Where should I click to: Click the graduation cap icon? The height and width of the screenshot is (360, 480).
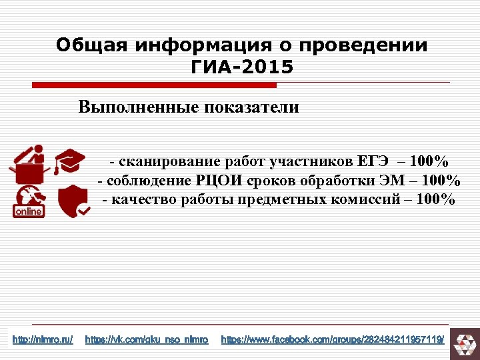click(x=69, y=161)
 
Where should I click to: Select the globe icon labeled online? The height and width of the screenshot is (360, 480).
click(x=28, y=197)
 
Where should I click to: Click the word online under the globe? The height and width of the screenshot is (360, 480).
click(x=28, y=211)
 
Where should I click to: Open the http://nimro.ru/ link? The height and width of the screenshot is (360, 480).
click(x=43, y=340)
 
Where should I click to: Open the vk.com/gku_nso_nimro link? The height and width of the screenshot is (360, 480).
click(x=147, y=340)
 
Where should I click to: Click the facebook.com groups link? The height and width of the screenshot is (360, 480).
click(x=332, y=340)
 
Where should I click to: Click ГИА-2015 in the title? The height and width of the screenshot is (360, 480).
click(x=241, y=67)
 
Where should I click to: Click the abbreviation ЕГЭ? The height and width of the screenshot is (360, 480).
click(x=372, y=161)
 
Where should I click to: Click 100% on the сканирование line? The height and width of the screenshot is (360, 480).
click(x=429, y=161)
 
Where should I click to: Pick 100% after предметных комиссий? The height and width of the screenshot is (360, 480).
click(x=436, y=200)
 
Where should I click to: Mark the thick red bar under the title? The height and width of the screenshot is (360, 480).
click(x=155, y=85)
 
